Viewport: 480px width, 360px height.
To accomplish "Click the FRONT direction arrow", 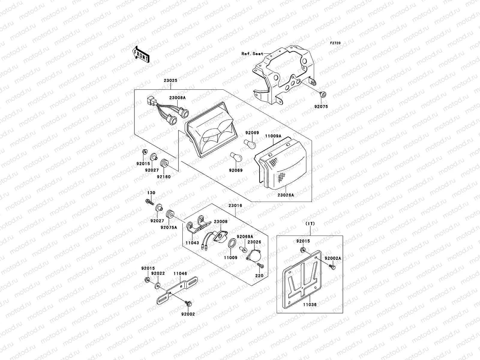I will point(141,54).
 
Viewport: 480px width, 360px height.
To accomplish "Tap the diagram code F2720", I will point(335,43).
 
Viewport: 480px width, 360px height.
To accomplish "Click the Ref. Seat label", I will point(252,54).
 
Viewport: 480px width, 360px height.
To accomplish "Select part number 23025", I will point(170,80).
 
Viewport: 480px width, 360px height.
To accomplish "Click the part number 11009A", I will point(273,136).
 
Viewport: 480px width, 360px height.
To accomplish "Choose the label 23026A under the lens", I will point(285,195).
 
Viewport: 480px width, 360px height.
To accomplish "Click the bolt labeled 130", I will point(149,201).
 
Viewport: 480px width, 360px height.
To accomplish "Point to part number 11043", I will point(192,242).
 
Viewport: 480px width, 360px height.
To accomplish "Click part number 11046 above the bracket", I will point(180,274).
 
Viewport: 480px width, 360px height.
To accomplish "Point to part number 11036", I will point(310,304).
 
